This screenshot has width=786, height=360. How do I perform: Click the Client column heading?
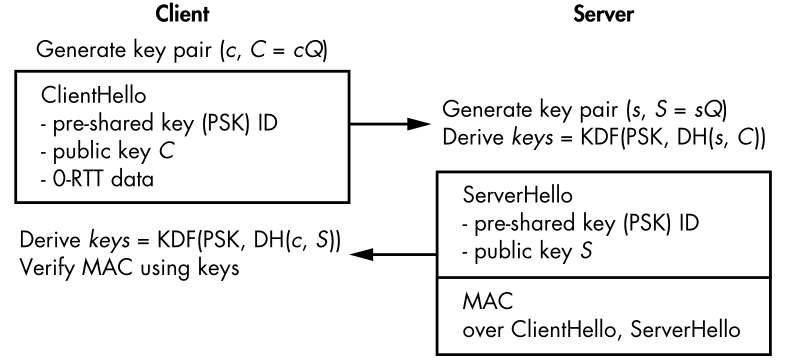pyautogui.click(x=181, y=14)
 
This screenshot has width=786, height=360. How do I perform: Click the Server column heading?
pyautogui.click(x=603, y=14)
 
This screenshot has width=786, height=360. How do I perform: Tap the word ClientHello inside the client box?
pyautogui.click(x=94, y=95)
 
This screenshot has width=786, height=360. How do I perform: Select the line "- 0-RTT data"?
pyautogui.click(x=97, y=179)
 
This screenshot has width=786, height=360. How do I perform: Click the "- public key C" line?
pyautogui.click(x=107, y=151)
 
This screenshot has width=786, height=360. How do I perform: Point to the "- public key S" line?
pyautogui.click(x=527, y=251)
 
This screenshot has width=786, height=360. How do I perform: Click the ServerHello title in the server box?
pyautogui.click(x=517, y=195)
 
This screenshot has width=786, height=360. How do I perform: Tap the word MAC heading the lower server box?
pyautogui.click(x=488, y=301)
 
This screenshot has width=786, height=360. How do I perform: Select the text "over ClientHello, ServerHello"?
pyautogui.click(x=601, y=330)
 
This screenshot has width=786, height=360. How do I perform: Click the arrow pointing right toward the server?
pyautogui.click(x=390, y=124)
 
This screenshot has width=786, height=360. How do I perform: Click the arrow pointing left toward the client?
pyautogui.click(x=394, y=255)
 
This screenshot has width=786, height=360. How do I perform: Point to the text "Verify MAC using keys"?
pyautogui.click(x=129, y=268)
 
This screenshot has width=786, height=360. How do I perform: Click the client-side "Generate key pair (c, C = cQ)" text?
pyautogui.click(x=182, y=51)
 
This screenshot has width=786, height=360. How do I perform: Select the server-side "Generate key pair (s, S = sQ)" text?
pyautogui.click(x=584, y=110)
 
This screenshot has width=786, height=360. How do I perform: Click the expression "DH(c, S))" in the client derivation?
pyautogui.click(x=297, y=240)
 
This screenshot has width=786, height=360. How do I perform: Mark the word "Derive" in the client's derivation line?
pyautogui.click(x=50, y=240)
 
